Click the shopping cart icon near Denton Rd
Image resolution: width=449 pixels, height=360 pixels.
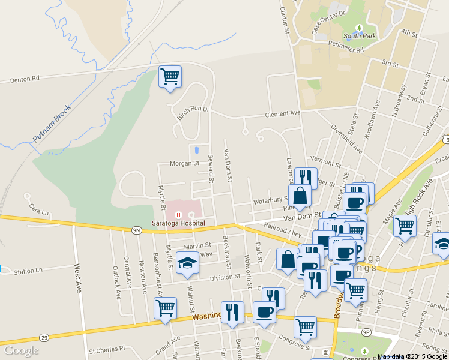(170, 76)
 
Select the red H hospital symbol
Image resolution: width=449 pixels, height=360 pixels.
(178, 215)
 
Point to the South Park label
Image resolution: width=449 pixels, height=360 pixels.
(360, 36)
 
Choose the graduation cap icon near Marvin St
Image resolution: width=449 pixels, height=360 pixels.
(187, 262)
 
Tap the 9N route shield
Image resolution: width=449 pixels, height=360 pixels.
(136, 229)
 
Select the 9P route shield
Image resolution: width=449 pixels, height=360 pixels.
(366, 331)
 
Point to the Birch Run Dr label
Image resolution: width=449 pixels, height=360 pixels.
(193, 113)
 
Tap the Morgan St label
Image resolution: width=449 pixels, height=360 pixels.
(184, 163)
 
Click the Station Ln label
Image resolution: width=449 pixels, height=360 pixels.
(28, 271)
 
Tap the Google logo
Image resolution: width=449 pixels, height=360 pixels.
(21, 351)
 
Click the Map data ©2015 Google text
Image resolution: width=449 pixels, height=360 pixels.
(412, 356)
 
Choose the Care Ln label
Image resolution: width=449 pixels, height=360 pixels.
(38, 207)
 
